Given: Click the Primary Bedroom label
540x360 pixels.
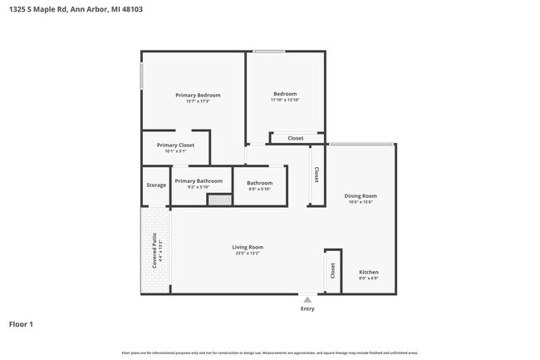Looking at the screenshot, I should pos(192,95).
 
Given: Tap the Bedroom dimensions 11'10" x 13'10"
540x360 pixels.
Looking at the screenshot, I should pos(285,101).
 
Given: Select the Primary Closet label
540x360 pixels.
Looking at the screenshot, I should pos(175,145).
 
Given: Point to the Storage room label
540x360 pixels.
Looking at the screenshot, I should pos(156,185).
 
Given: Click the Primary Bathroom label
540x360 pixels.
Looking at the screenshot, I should pos(199,180).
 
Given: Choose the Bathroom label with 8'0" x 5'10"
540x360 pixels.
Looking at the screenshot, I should pos(259,183).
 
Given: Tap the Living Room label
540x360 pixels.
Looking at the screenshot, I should pos(248,246).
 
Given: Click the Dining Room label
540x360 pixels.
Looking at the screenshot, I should pos(361,195).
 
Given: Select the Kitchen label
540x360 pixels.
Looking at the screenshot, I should pos(368,272).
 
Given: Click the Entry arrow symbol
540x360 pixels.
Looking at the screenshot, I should pos(307,299).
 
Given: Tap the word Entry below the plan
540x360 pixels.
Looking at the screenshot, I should pos(307,308).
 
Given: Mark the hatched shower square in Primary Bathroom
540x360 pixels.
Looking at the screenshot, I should pos(218,200).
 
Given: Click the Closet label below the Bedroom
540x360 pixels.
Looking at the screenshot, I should pos(295,138).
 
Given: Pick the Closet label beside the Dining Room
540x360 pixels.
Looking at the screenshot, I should pos(317,175).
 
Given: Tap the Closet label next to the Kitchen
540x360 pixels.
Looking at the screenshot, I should pos(332,270).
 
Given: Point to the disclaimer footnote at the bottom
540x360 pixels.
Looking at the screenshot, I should pos(269,353).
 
